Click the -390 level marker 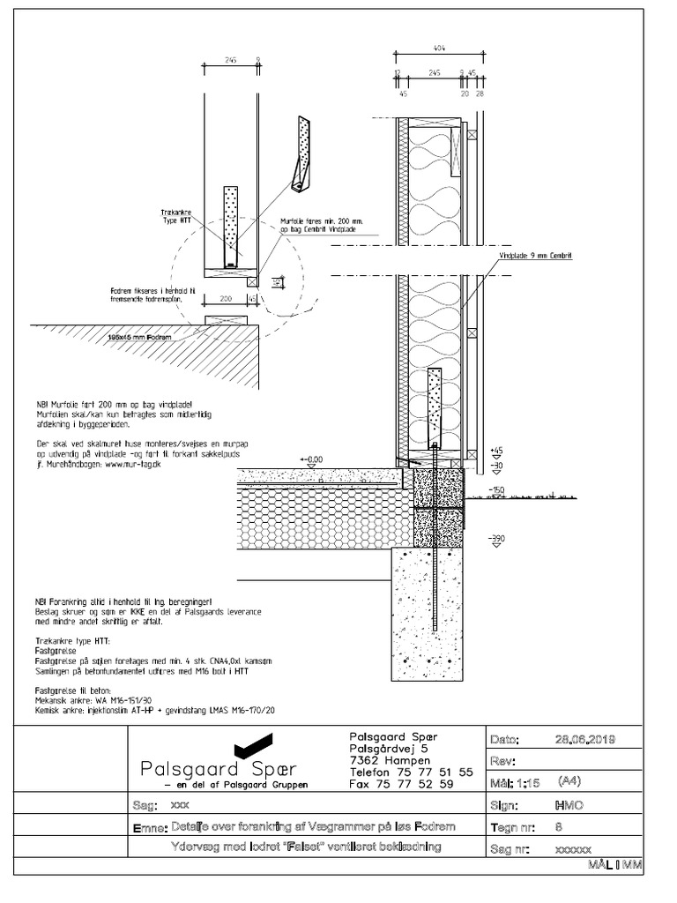coord(496,537)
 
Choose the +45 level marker coord(496,450)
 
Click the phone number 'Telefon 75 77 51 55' coord(412,772)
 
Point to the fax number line coord(401,783)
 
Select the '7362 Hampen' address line coord(390,760)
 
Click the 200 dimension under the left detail coord(225,299)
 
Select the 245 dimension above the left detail coord(230,61)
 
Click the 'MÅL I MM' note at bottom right coord(615,867)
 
